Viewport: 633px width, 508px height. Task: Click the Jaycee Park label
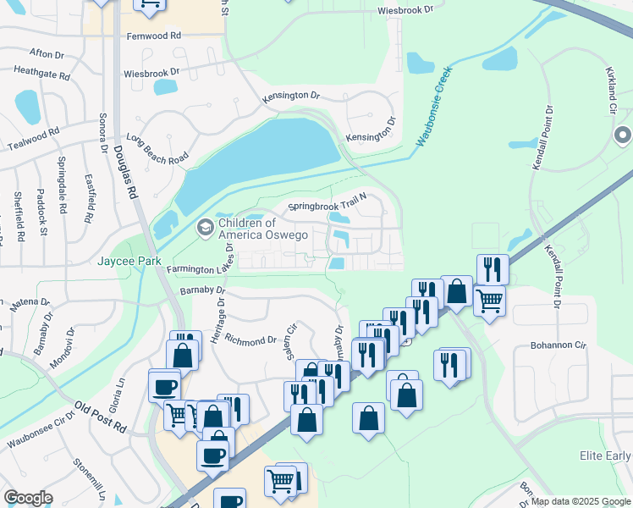(129, 262)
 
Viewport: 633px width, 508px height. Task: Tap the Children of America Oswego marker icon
(205, 227)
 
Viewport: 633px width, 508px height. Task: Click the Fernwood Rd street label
(154, 36)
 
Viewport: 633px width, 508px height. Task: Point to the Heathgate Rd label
(41, 75)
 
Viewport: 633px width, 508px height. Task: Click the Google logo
(28, 498)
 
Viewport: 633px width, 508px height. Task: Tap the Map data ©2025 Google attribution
(580, 501)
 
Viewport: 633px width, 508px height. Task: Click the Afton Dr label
(47, 54)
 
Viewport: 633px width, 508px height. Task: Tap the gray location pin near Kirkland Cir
(623, 135)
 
